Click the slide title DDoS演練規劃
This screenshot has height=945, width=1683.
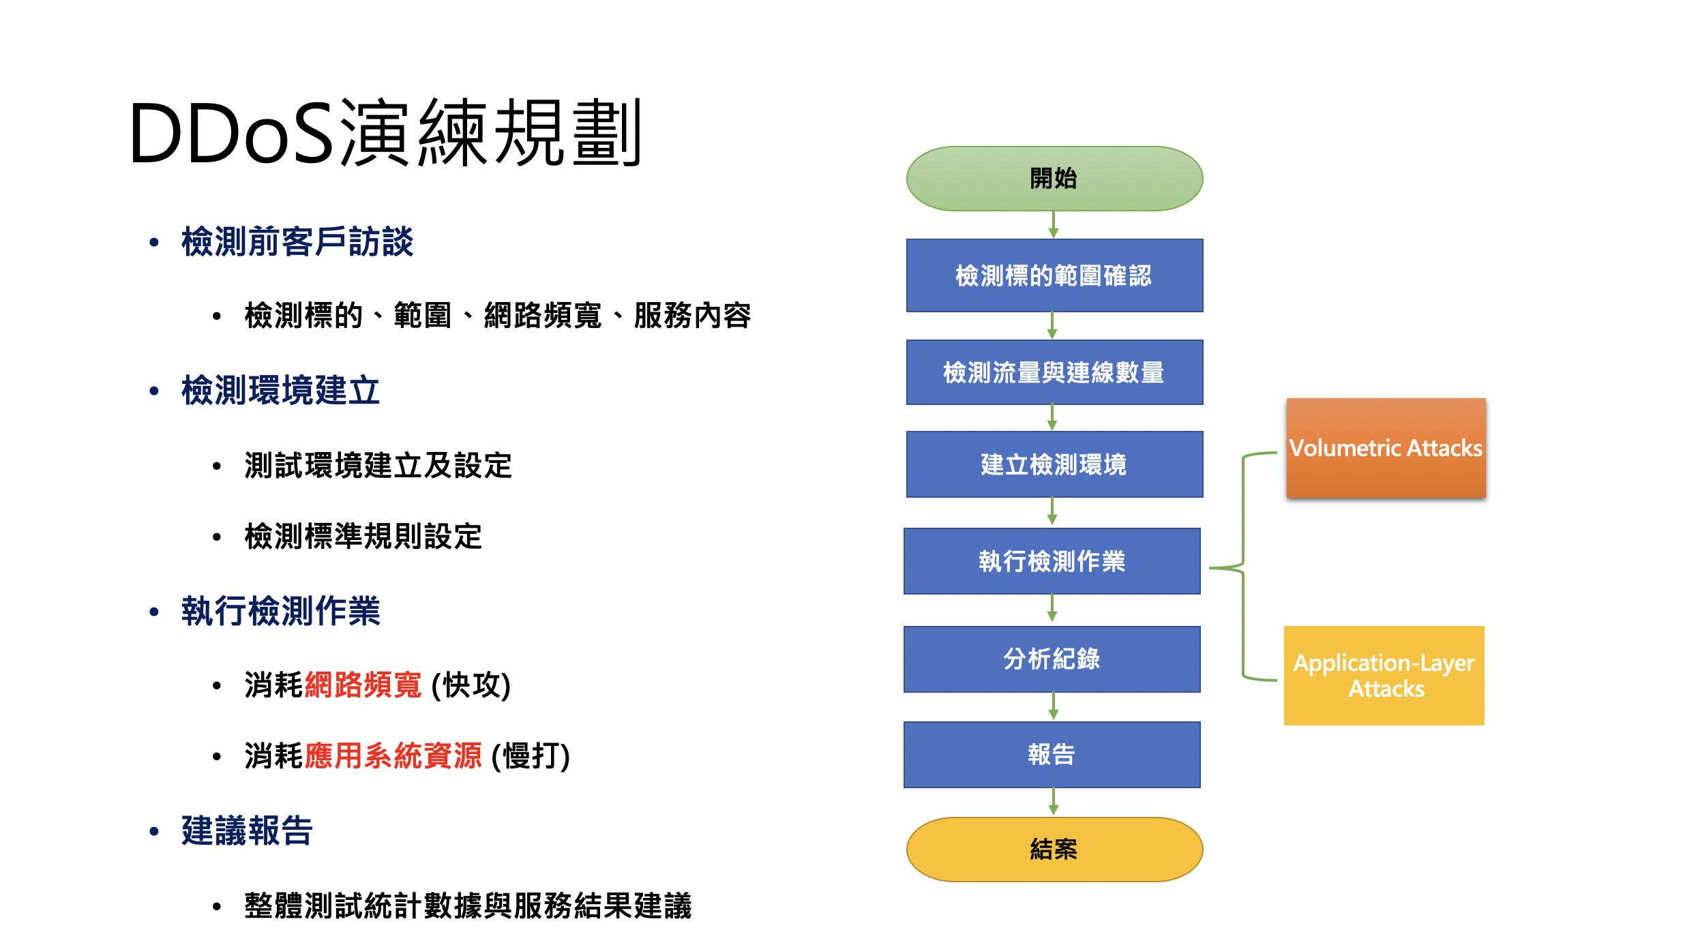(x=385, y=133)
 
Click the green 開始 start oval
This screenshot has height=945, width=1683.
(x=1054, y=179)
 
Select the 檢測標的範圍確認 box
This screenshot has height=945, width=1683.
(x=1054, y=275)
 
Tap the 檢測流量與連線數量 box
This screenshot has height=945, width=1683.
(x=1054, y=372)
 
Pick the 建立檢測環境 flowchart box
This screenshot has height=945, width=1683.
(x=1054, y=464)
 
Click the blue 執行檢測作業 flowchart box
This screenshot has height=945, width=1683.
(x=1052, y=561)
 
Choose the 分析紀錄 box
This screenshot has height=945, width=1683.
(x=1052, y=659)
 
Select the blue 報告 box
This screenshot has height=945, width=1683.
(x=1052, y=755)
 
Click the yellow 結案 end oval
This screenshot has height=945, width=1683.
(x=1054, y=850)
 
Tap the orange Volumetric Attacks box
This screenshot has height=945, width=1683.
(x=1386, y=448)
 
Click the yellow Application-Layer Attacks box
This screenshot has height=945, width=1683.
(x=1384, y=675)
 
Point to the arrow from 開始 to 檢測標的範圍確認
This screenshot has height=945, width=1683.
(x=1054, y=224)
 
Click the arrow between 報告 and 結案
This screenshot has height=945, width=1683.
(x=1054, y=802)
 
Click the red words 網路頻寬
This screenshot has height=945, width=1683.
(x=363, y=685)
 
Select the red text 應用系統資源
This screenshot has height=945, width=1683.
(x=393, y=756)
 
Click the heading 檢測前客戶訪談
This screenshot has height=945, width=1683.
(x=297, y=242)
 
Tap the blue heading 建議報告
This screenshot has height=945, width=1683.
(x=247, y=831)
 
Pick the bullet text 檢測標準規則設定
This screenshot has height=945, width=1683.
(x=363, y=537)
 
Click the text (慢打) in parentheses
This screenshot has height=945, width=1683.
(x=531, y=756)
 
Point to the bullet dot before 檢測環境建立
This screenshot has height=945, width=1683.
(x=154, y=391)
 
